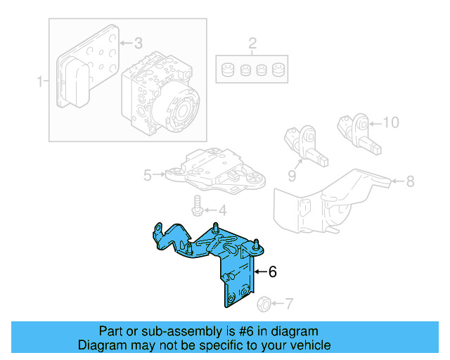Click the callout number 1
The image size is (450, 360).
[x=39, y=82]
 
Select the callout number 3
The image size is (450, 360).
[x=138, y=44]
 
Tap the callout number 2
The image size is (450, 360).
[x=252, y=46]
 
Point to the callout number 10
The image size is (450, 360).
[x=390, y=122]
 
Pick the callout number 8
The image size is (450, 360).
[x=410, y=181]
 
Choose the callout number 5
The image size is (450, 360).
[x=148, y=175]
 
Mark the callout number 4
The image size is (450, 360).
[x=221, y=210]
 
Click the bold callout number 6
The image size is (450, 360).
[x=274, y=271]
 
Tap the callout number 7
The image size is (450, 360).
[x=289, y=304]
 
